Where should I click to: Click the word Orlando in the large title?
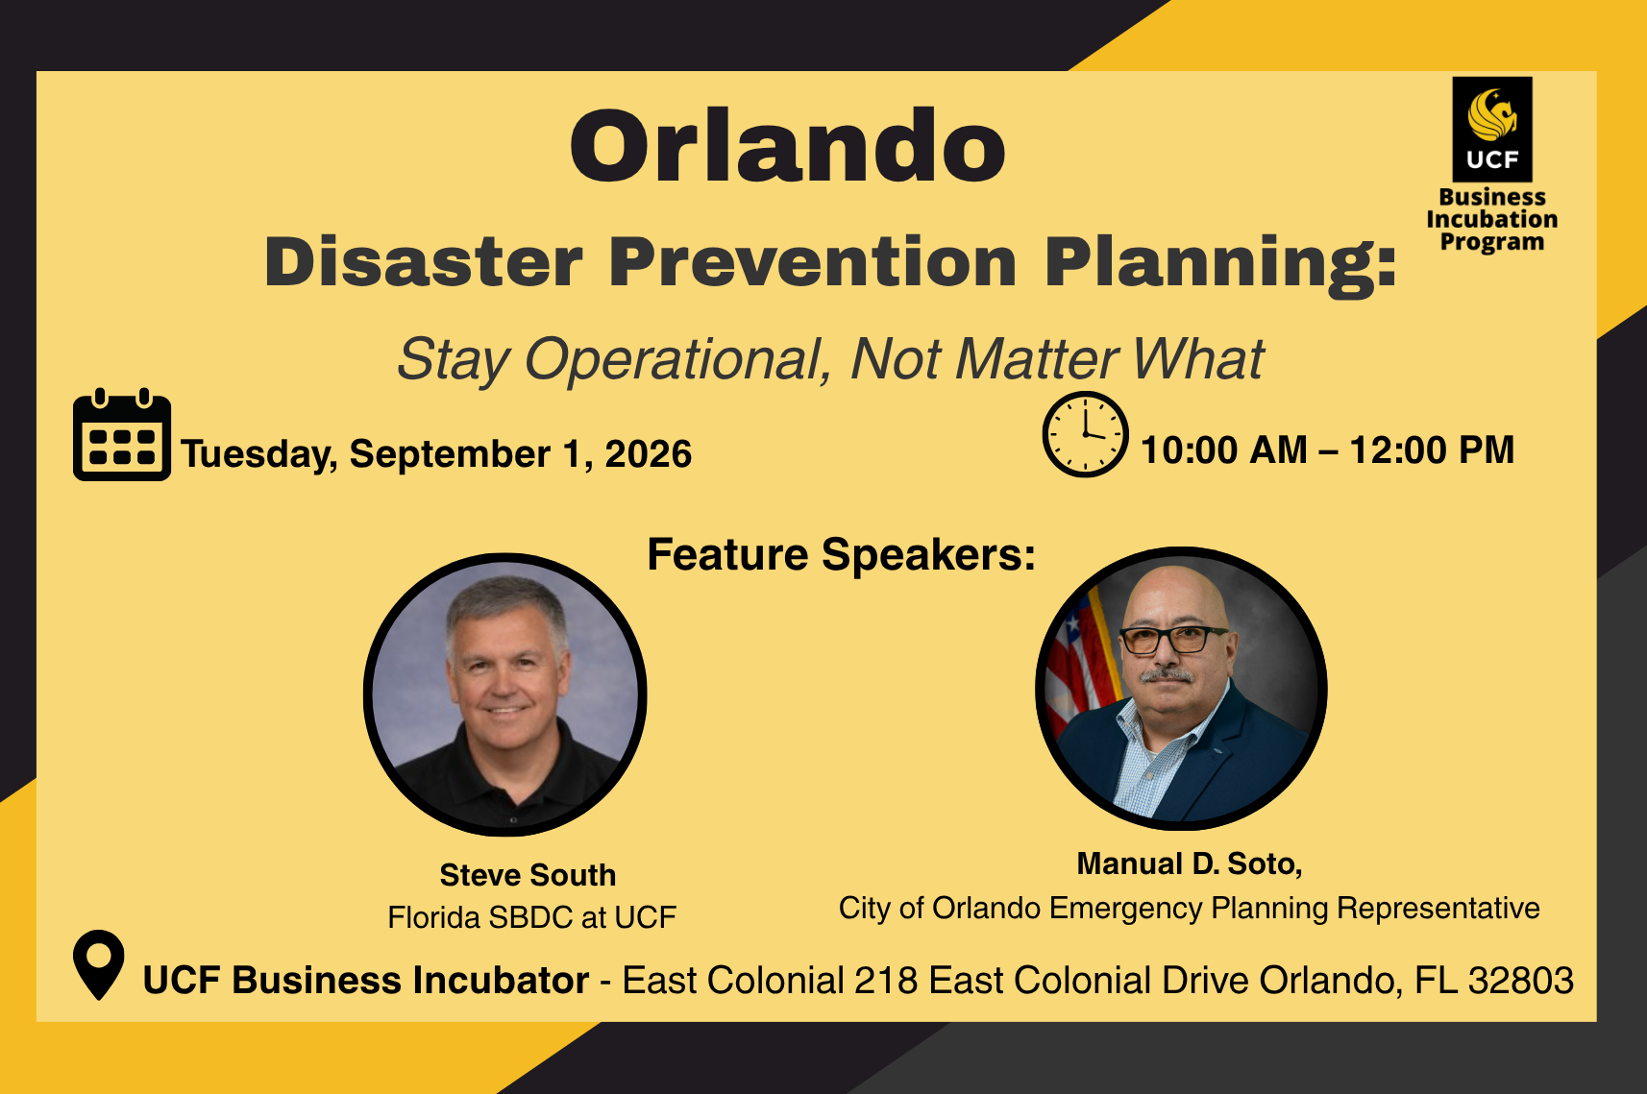pos(788,145)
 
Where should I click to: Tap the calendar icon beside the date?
pos(122,434)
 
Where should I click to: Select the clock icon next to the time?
pos(1085,434)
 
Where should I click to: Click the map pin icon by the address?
pos(99,964)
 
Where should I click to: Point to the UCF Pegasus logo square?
pos(1492,130)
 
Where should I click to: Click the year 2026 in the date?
pos(648,453)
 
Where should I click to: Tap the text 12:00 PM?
pos(1433,450)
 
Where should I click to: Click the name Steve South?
pos(528,875)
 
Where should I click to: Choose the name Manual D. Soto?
pos(1190,864)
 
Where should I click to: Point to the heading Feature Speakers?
pos(841,554)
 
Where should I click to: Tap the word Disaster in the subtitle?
pos(424,261)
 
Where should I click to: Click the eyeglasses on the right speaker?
pos(1172,640)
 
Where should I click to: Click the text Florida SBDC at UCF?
pos(531,917)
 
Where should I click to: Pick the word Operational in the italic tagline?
pos(677,360)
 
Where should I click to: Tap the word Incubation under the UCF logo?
pos(1492,219)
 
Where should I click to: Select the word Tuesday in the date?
pos(258,454)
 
